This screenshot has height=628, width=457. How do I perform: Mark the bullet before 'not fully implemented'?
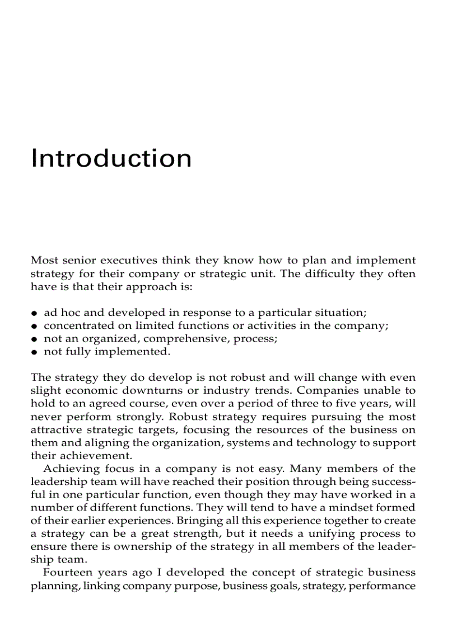[x=35, y=353]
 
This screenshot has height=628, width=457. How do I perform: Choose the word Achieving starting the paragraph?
[x=71, y=469]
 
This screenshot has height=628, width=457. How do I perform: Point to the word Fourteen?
[x=68, y=573]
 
